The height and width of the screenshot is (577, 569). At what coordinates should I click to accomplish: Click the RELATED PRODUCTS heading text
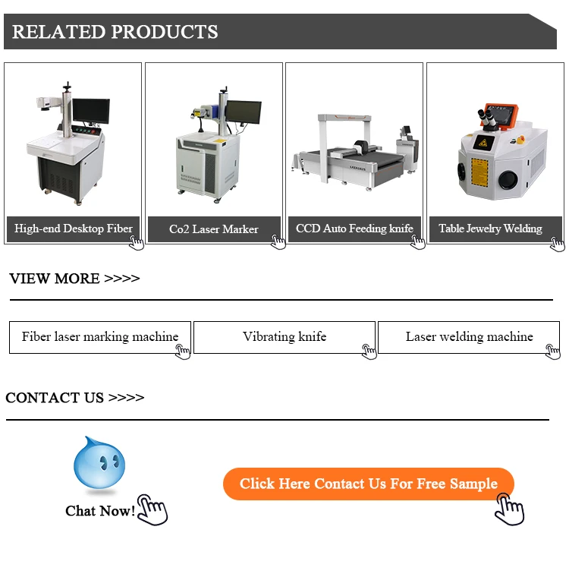point(115,32)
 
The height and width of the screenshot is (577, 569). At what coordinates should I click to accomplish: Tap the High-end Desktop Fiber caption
point(73,229)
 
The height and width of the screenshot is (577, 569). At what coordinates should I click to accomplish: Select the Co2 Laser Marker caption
point(213,229)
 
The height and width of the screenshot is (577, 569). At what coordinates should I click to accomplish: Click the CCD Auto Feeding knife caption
point(354,229)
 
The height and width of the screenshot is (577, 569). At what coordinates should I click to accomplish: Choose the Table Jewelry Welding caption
point(490,229)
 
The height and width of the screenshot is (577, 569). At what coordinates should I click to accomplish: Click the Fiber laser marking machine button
point(100,337)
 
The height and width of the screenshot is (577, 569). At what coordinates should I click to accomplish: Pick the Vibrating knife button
point(284,337)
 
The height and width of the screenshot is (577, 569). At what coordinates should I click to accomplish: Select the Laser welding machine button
point(469,337)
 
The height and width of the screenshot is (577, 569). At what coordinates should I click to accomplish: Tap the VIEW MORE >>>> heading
point(74,279)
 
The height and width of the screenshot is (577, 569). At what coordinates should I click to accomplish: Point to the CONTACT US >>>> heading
point(74,398)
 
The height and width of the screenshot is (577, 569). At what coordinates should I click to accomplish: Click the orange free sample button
point(368,484)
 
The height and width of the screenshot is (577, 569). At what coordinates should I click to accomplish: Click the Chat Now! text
point(100,511)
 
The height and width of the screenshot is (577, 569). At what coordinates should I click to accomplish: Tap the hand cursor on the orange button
point(509,508)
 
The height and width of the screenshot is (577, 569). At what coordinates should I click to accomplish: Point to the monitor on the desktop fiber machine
point(91,111)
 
